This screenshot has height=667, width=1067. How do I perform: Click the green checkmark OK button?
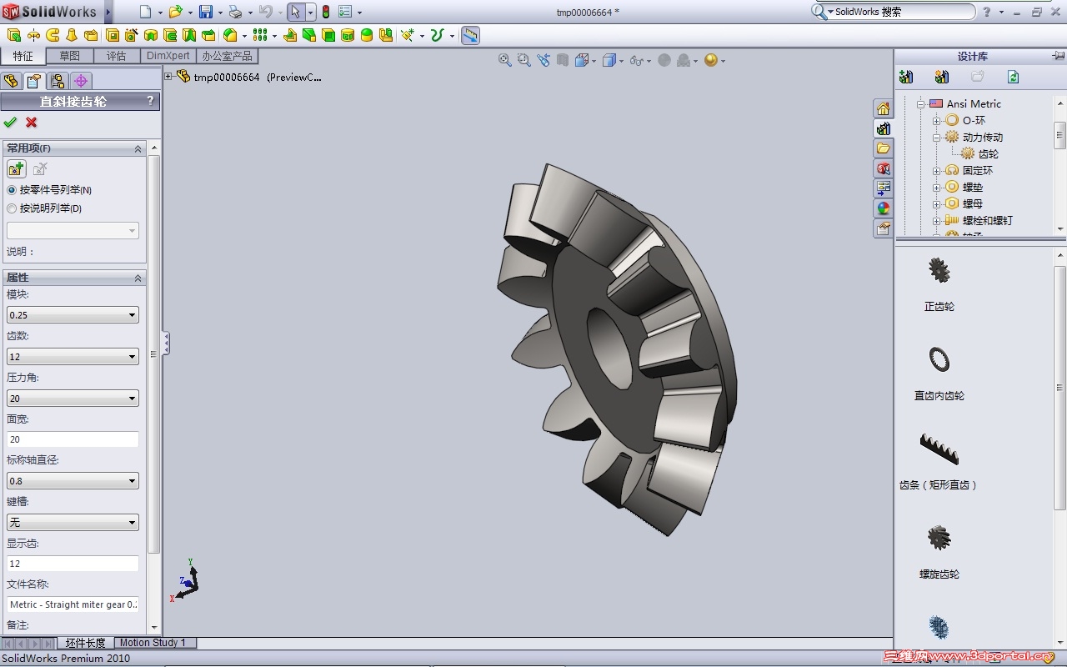[x=10, y=123]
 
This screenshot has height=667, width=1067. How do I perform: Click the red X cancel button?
[x=32, y=123]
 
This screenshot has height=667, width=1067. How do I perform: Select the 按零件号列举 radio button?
[x=12, y=190]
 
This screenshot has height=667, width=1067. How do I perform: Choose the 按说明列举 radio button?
[x=12, y=208]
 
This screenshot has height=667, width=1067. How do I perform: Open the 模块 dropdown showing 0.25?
[x=73, y=315]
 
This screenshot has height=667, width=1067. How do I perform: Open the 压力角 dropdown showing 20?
[x=73, y=399]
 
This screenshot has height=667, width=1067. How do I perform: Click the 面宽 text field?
[x=73, y=439]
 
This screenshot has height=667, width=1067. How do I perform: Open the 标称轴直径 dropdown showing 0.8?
[x=73, y=481]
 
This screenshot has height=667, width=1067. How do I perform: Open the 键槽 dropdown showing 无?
[x=73, y=523]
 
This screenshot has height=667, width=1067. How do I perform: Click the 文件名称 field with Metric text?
[x=73, y=604]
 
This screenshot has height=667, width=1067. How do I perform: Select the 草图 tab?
[x=70, y=56]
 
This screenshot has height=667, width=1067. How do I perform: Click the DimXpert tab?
[x=168, y=56]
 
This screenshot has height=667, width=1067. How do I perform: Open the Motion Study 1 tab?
[x=153, y=643]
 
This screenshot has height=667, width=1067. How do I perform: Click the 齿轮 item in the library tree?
[x=988, y=153]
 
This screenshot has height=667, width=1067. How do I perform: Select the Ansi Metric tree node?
[x=973, y=103]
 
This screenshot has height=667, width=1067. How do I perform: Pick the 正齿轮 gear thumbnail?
[x=939, y=271]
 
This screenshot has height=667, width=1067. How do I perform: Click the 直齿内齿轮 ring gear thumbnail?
[x=939, y=359]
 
